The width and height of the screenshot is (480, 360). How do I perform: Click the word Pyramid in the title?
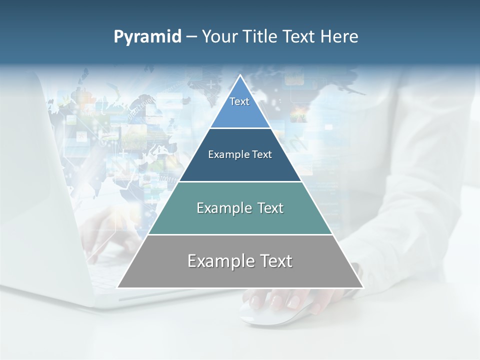point(147,37)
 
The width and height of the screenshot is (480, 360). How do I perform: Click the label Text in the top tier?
point(239,101)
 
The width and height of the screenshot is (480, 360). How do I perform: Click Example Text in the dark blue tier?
point(240,154)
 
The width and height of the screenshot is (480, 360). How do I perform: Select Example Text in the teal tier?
point(240,208)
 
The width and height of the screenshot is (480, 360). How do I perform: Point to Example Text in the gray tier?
point(240,261)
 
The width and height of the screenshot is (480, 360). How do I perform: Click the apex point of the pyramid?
point(240,75)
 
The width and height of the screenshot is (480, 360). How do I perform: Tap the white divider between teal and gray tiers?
point(240,234)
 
